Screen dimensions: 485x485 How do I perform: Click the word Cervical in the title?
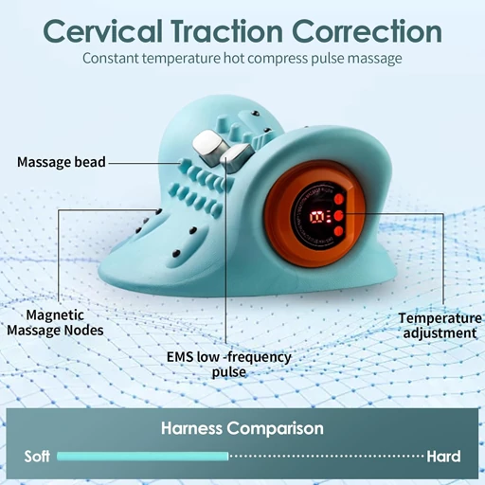coord(103,31)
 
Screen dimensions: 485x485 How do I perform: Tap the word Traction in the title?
coord(227,31)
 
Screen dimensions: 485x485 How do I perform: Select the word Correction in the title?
coord(367,31)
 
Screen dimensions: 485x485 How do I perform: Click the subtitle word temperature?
coord(181,59)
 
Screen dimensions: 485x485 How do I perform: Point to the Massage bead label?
coord(62,162)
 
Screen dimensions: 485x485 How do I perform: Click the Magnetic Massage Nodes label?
coord(55,322)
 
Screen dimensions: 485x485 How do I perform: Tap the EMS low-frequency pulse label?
coord(229,364)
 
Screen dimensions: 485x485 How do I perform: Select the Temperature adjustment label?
coord(440,326)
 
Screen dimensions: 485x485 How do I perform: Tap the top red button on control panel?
coord(339,199)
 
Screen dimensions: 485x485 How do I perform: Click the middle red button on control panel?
coord(338,216)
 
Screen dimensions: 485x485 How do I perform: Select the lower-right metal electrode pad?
coord(236,156)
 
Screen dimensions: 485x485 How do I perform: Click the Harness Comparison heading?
coord(242,428)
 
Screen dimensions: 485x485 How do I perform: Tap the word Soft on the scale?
coord(37,457)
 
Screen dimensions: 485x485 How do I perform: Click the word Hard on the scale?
coord(443,457)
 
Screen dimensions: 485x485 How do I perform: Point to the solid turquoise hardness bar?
coord(142,457)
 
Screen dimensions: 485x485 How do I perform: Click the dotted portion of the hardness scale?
coord(327,457)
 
